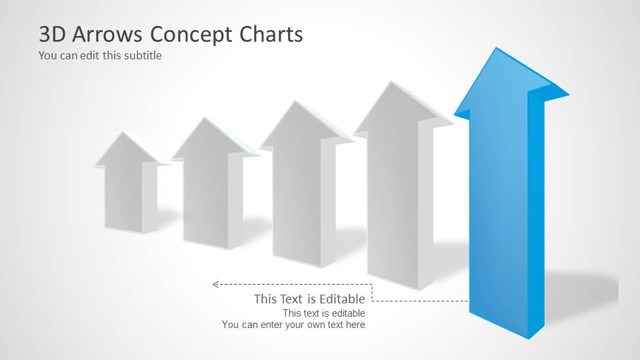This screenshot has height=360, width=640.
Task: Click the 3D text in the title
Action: (x=53, y=34)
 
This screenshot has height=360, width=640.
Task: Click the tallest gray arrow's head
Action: (x=393, y=110)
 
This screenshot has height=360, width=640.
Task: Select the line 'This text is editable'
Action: (x=323, y=313)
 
